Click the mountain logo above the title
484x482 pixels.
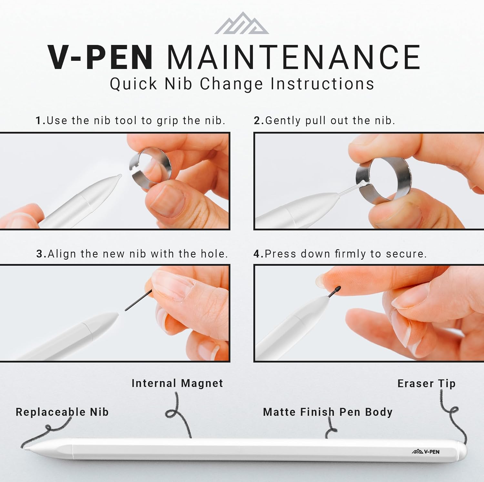point(242,23)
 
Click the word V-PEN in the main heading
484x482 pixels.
point(100,57)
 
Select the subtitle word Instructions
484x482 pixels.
point(322,84)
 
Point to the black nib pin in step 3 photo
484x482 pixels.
point(138,300)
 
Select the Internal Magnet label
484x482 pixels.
point(177,383)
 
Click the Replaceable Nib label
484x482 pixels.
point(62,412)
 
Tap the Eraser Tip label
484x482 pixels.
point(427,383)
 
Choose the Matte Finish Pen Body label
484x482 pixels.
point(328,412)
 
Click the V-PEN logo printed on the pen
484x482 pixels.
point(426,452)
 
